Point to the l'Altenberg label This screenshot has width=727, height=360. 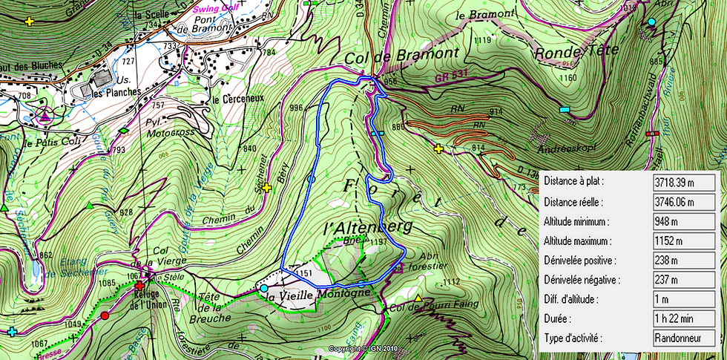368,226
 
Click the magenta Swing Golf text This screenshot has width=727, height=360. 216,9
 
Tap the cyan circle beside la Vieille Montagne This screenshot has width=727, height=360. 264,288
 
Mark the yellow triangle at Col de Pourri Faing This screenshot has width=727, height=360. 418,298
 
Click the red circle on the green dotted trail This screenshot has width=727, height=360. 105,315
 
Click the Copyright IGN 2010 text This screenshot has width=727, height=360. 363,348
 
